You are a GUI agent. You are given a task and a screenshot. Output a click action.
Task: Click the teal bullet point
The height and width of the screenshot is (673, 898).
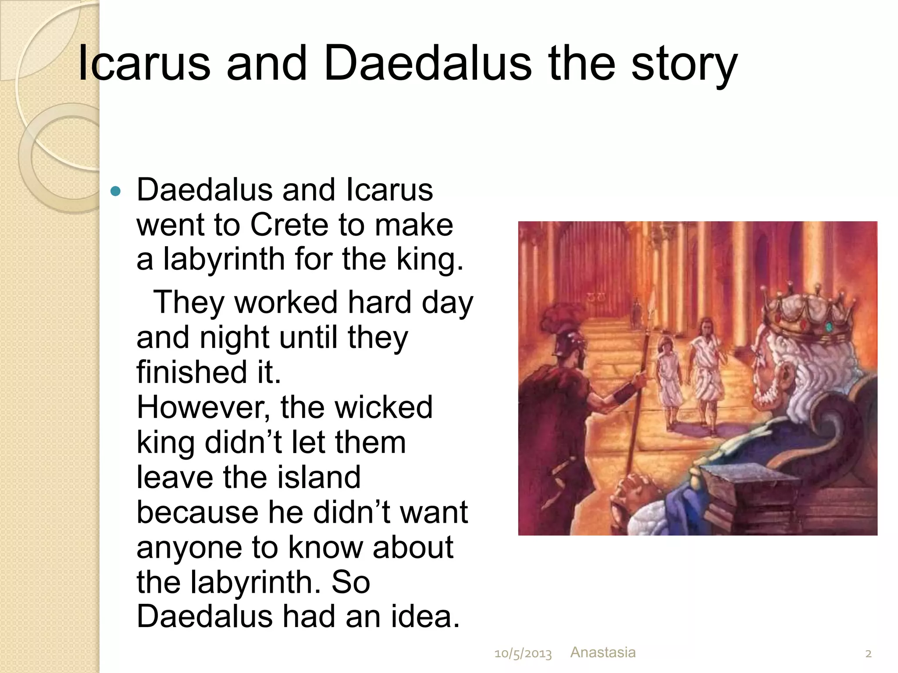(116, 191)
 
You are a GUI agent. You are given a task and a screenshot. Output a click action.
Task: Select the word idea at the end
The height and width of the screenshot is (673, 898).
(425, 616)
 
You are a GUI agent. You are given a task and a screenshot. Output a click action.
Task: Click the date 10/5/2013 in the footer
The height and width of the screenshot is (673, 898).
(523, 654)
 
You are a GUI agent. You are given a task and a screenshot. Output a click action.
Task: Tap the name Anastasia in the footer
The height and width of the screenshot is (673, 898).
(602, 652)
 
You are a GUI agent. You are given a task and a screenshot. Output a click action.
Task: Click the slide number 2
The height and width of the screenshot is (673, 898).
(868, 654)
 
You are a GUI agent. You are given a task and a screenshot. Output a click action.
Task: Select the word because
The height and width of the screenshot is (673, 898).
(198, 512)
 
